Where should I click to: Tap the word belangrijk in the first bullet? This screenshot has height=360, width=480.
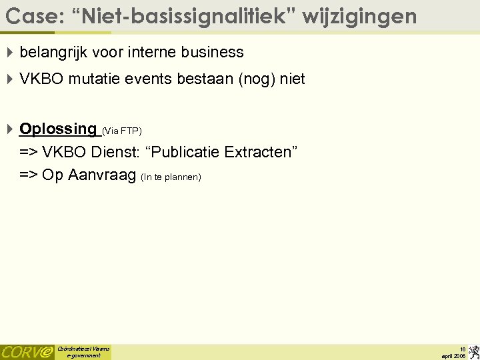click(51, 52)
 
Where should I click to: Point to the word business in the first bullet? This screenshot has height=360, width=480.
click(212, 52)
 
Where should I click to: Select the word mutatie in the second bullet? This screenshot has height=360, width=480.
click(89, 79)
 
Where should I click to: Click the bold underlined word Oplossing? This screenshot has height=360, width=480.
click(58, 129)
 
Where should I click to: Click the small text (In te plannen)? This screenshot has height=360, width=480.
click(171, 177)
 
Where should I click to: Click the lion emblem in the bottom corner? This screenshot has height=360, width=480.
click(473, 351)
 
